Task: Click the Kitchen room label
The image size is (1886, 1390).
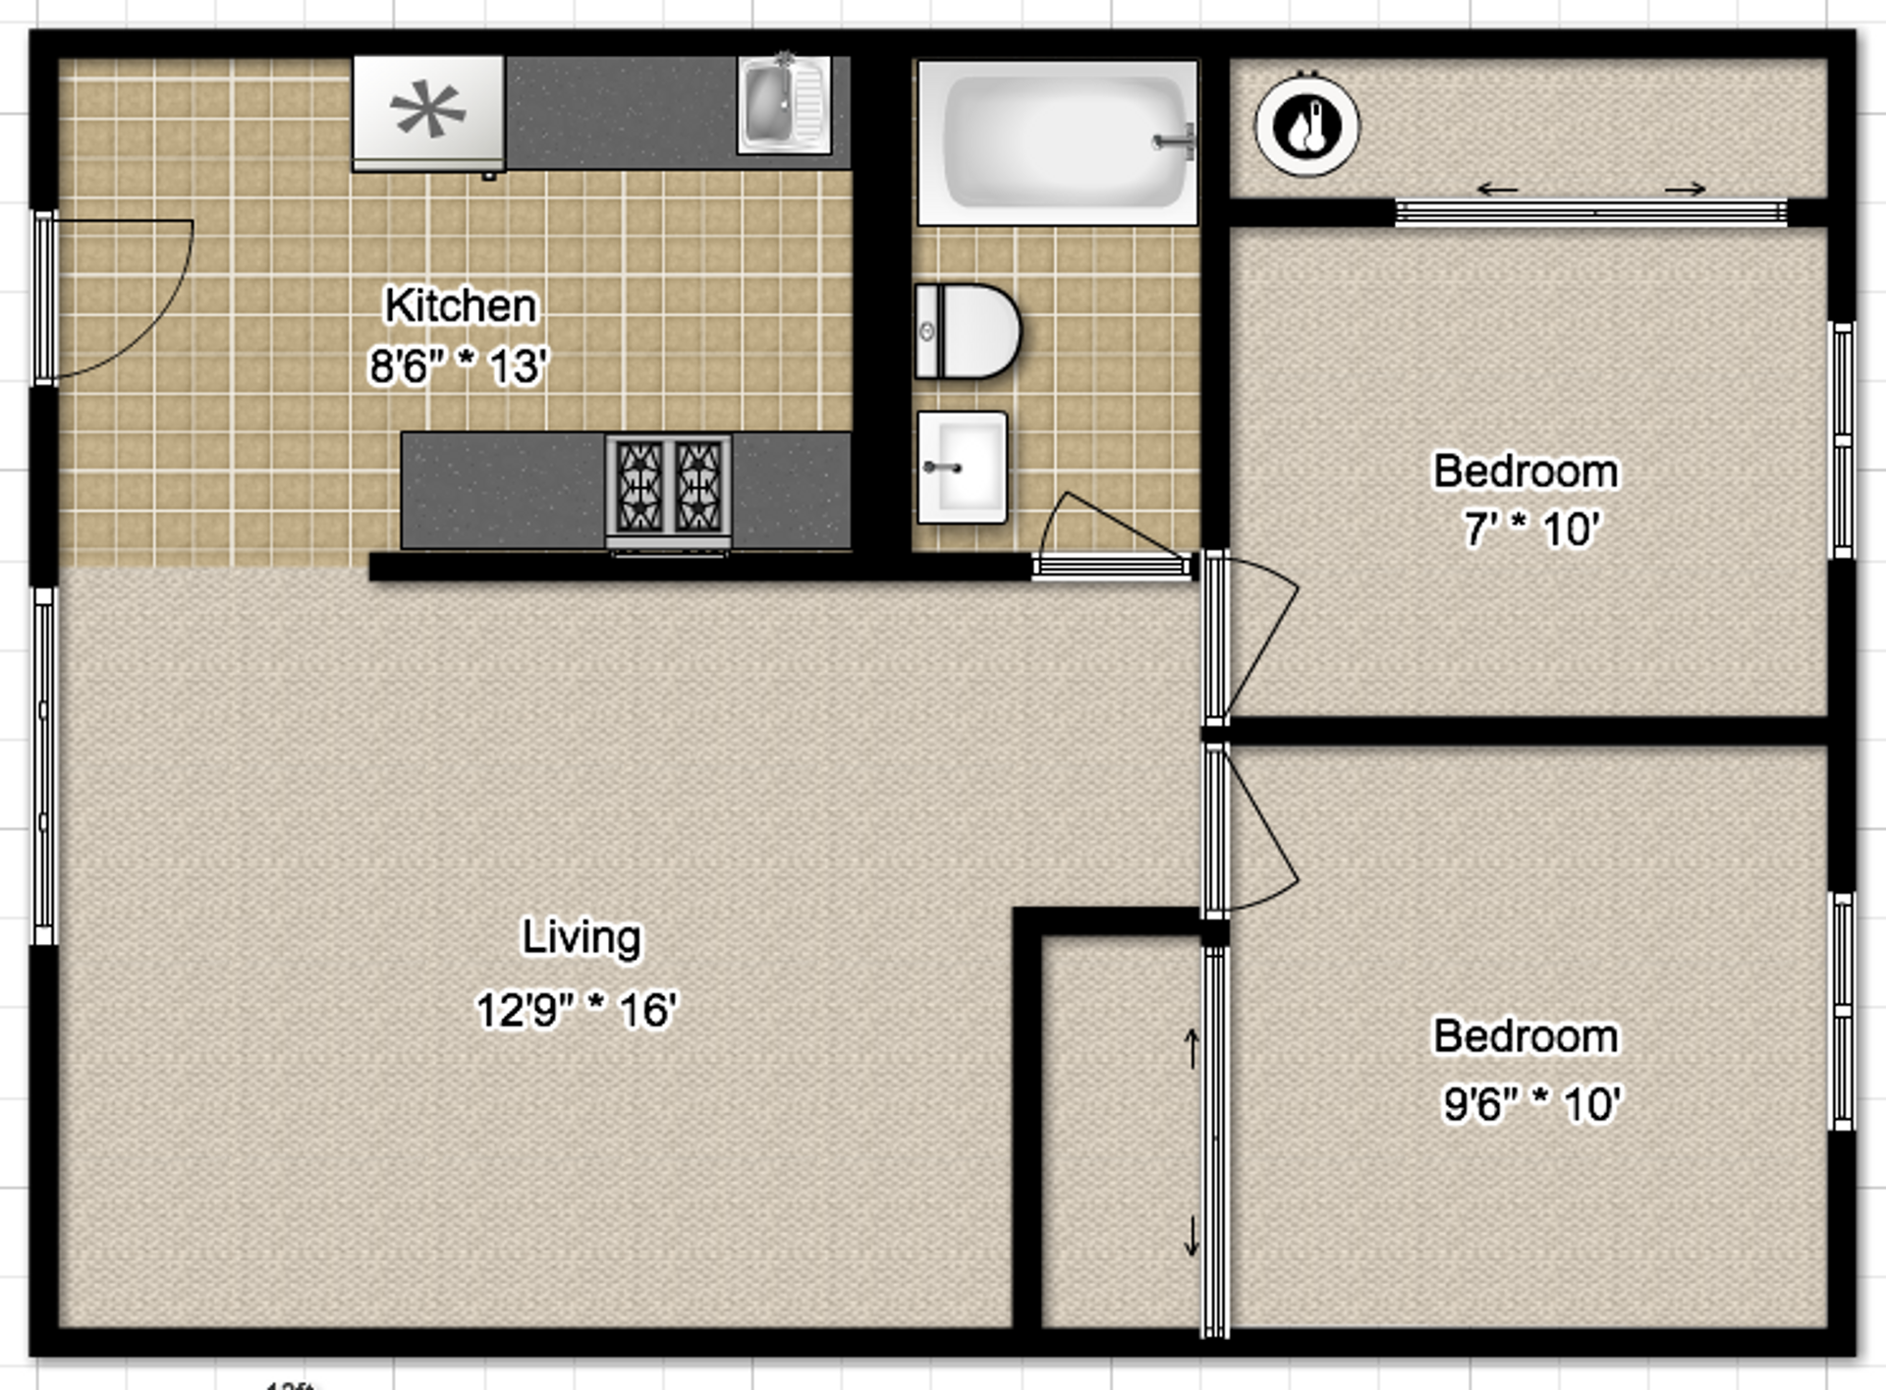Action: [460, 306]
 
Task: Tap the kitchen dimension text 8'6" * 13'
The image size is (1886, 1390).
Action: [458, 366]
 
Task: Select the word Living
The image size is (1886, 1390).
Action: [581, 936]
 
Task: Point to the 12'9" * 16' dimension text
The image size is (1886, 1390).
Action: [577, 1010]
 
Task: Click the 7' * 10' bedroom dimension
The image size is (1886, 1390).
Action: [1531, 529]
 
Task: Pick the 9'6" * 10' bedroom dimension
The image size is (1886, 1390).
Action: [1531, 1104]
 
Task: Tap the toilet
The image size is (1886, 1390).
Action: [968, 332]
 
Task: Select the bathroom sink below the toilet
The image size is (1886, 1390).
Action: [962, 468]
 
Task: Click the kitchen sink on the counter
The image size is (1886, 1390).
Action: [783, 105]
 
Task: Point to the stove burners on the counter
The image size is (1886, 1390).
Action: [669, 487]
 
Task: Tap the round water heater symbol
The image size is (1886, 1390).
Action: [1306, 127]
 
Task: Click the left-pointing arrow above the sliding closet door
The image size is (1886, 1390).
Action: [1498, 190]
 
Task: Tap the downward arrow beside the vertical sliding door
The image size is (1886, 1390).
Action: [1192, 1236]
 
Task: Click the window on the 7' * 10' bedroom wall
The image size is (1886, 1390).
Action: [1843, 440]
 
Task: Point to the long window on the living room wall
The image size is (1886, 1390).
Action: [44, 766]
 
